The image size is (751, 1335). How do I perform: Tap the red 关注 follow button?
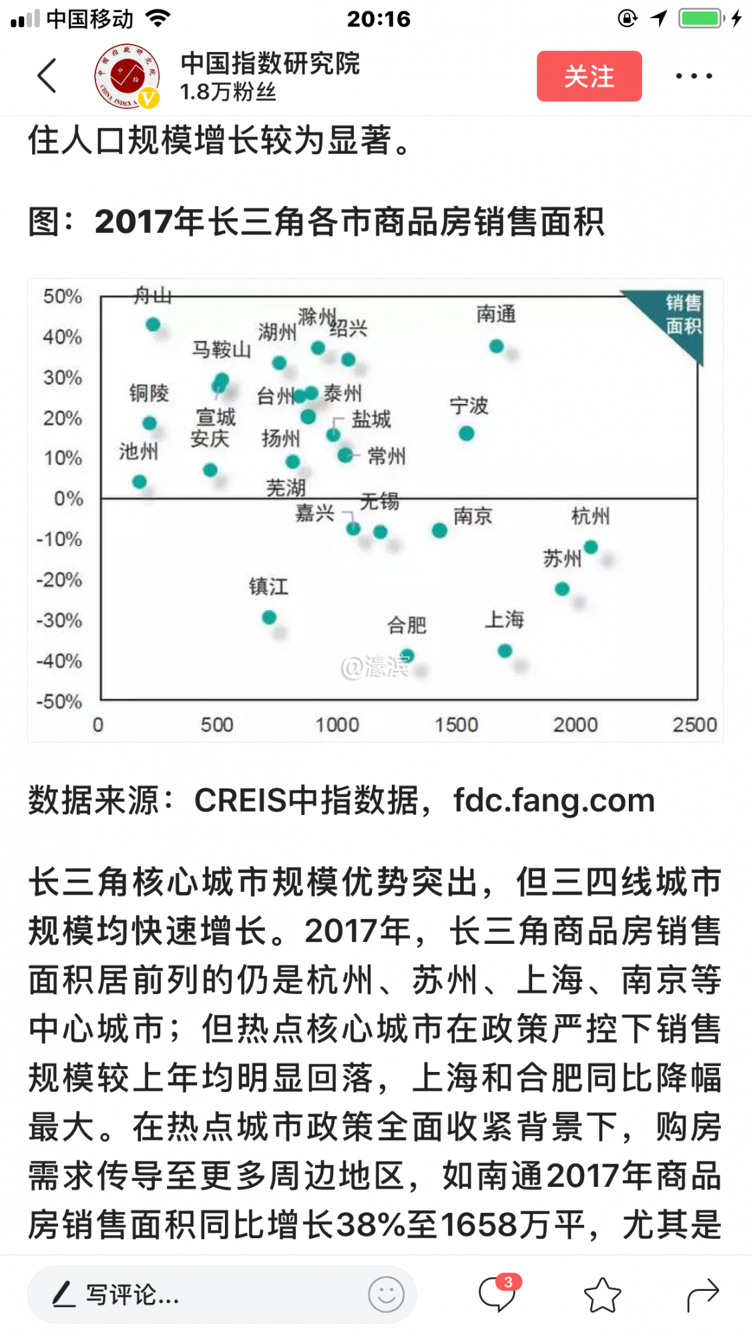pyautogui.click(x=589, y=76)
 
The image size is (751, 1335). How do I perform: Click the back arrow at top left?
pyautogui.click(x=47, y=75)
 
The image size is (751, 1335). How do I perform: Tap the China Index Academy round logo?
pyautogui.click(x=127, y=76)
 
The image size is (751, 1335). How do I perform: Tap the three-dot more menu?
pyautogui.click(x=694, y=76)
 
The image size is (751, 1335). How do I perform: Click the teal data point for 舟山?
pyautogui.click(x=153, y=324)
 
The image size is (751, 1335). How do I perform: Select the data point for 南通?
pyautogui.click(x=496, y=346)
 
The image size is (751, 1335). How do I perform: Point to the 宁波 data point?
pyautogui.click(x=467, y=434)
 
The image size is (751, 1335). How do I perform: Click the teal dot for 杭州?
pyautogui.click(x=591, y=547)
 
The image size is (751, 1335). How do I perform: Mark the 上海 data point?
pyautogui.click(x=505, y=650)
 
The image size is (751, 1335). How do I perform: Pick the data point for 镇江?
pyautogui.click(x=269, y=617)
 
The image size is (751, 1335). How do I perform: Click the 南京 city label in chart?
pyautogui.click(x=473, y=516)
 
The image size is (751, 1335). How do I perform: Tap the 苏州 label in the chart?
pyautogui.click(x=562, y=558)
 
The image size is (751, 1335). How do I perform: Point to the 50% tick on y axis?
pyautogui.click(x=63, y=296)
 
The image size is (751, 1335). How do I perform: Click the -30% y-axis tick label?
pyautogui.click(x=59, y=620)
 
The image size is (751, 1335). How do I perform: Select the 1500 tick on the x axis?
pyautogui.click(x=457, y=724)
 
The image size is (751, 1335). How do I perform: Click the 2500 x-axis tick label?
pyautogui.click(x=694, y=724)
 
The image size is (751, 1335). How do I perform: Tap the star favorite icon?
pyautogui.click(x=602, y=1295)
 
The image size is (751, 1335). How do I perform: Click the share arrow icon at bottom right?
pyautogui.click(x=703, y=1295)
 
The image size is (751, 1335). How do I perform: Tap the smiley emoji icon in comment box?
pyautogui.click(x=386, y=1295)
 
